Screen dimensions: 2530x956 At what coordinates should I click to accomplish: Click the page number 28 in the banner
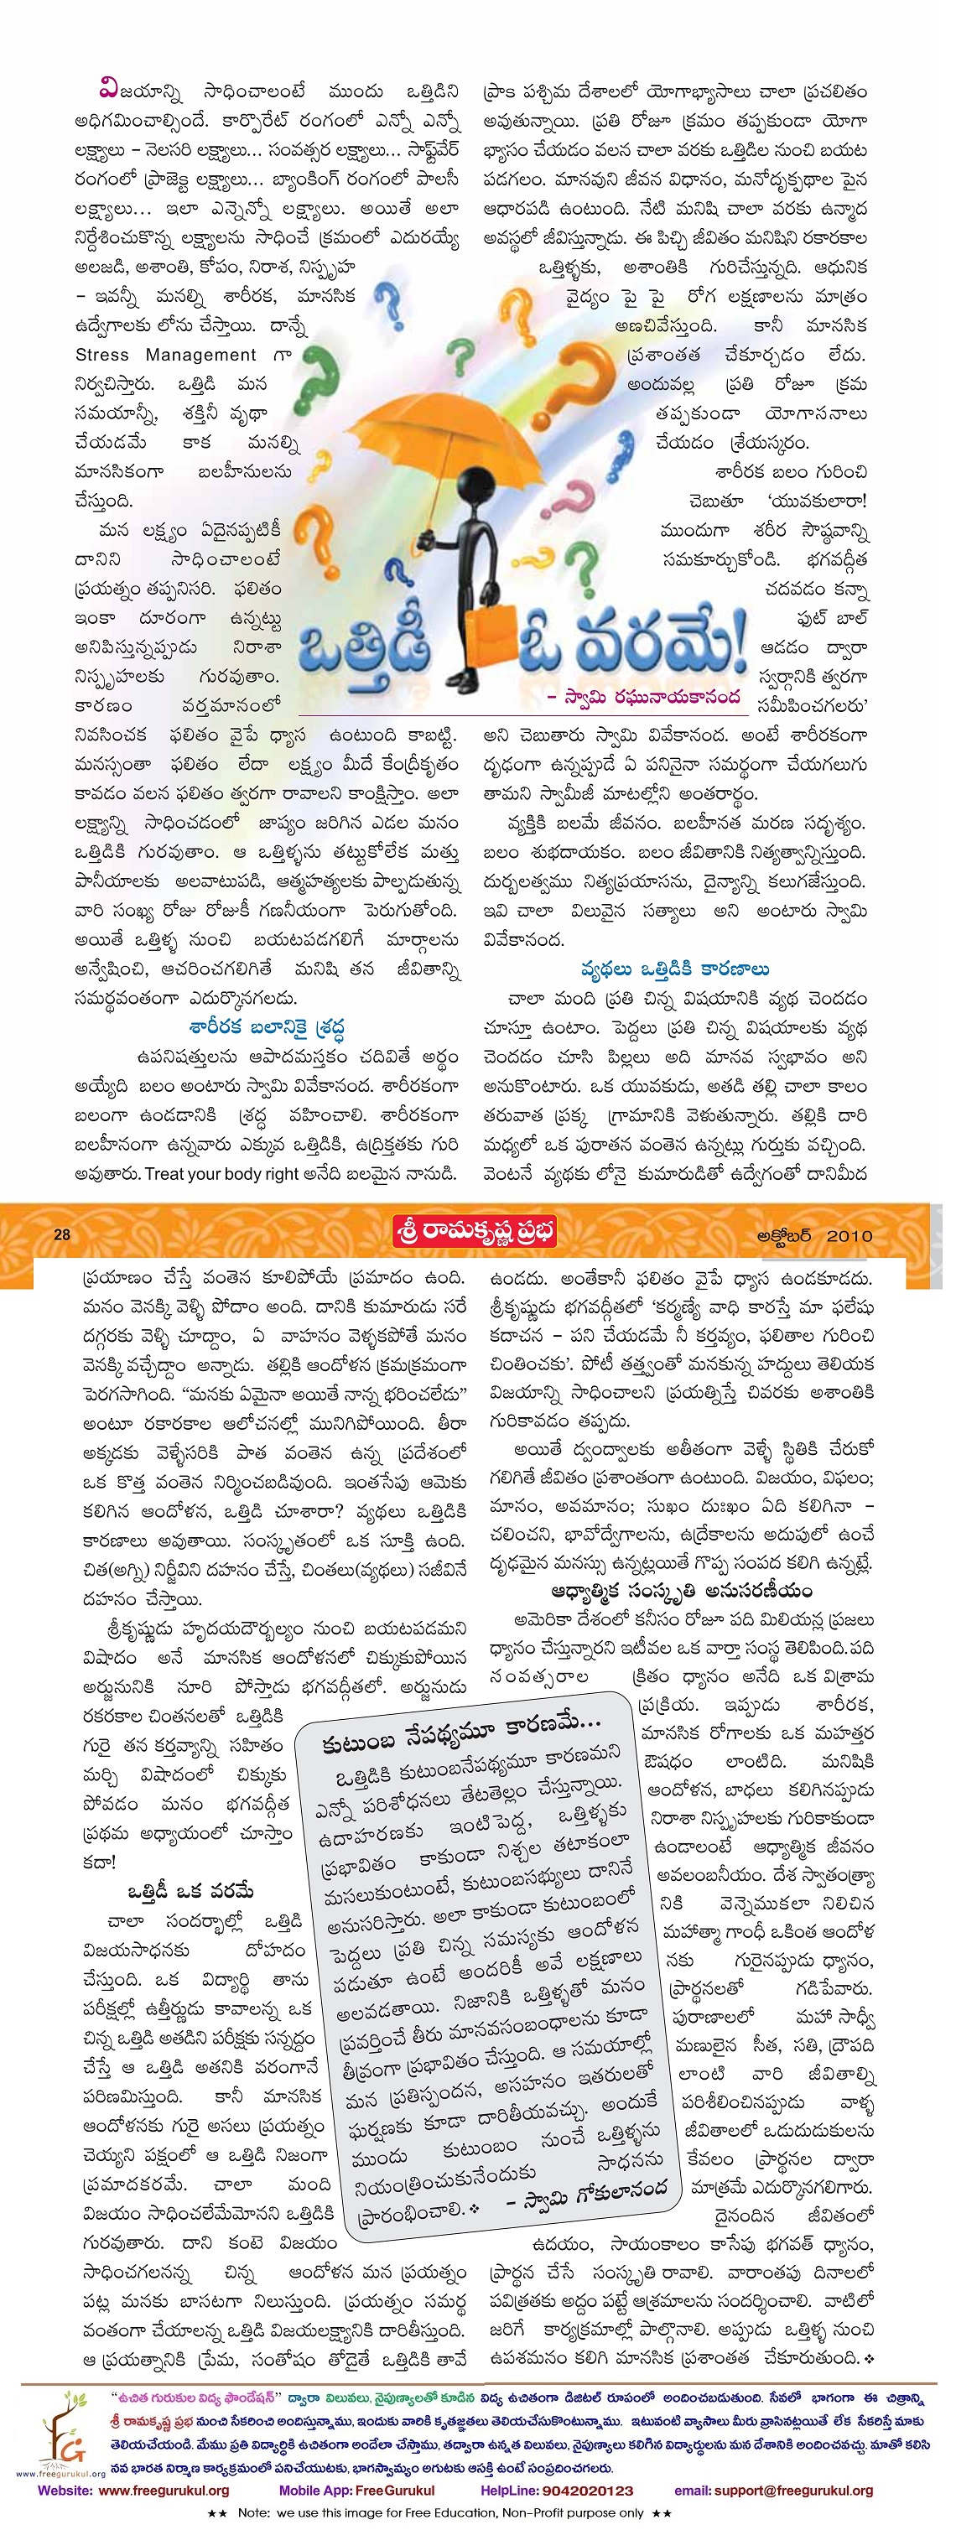pos(62,1234)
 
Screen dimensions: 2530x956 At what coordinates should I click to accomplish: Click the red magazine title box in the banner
pos(474,1232)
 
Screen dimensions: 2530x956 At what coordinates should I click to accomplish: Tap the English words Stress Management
pos(165,355)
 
